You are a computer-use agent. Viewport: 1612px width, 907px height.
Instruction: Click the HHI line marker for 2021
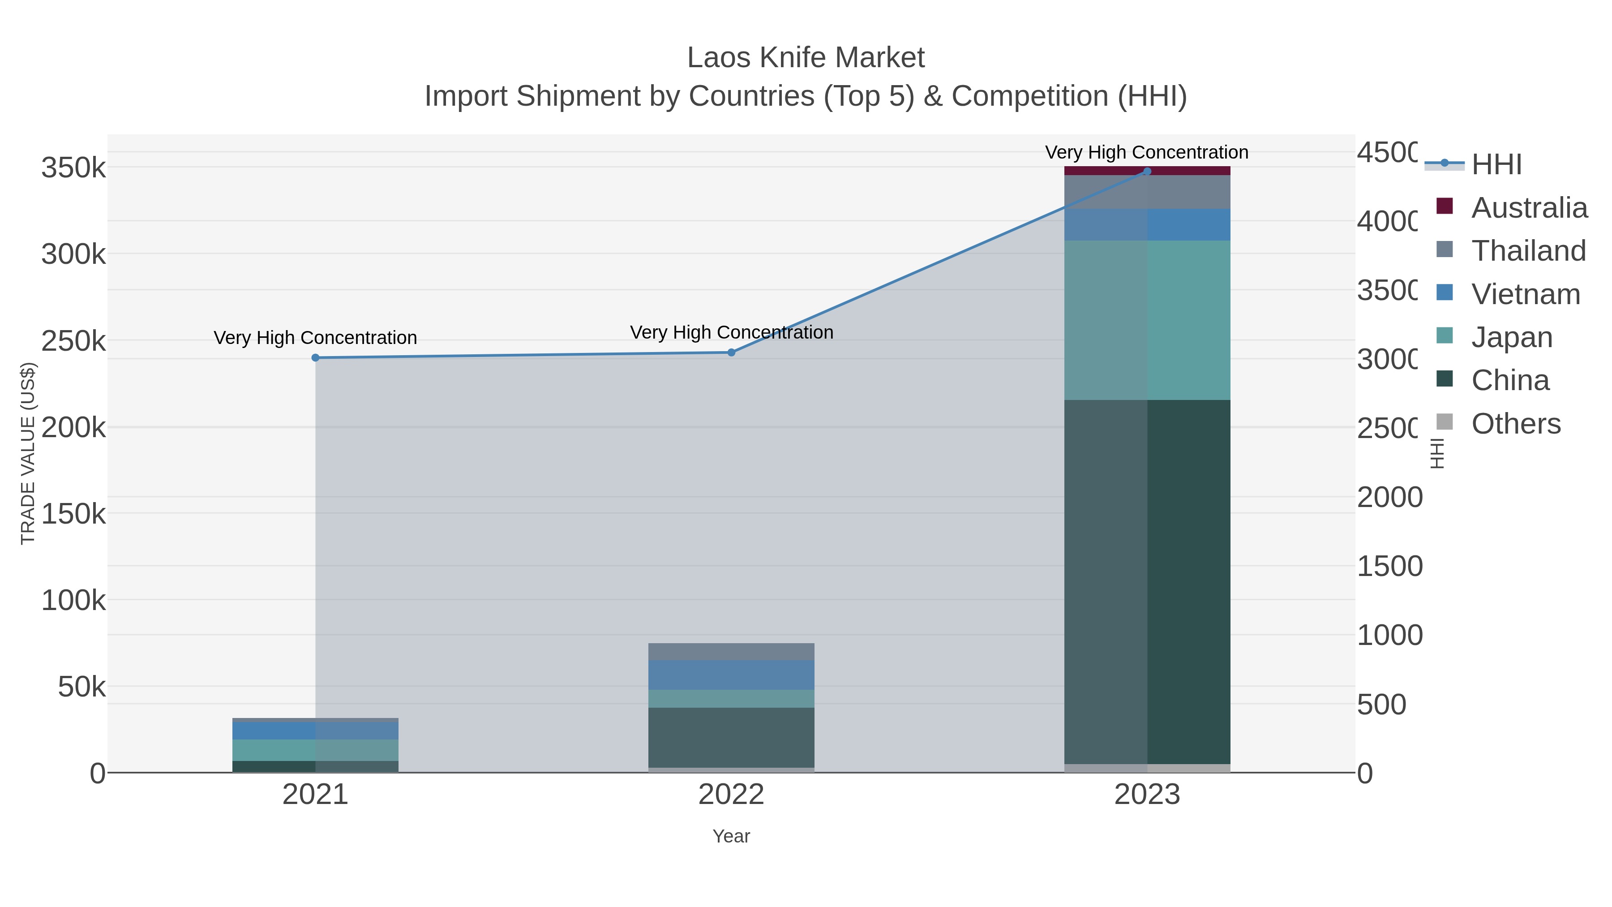coord(315,357)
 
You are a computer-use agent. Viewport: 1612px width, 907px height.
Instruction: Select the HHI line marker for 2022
coord(731,352)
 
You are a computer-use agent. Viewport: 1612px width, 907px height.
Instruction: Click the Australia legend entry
coord(1529,207)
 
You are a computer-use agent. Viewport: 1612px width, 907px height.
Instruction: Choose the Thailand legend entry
coord(1528,250)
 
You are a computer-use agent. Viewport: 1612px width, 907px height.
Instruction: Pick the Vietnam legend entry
coord(1526,293)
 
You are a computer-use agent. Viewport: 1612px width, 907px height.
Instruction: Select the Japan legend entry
coord(1512,337)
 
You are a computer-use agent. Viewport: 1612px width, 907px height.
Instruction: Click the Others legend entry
coord(1516,423)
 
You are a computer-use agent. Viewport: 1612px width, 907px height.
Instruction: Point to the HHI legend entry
coord(1496,164)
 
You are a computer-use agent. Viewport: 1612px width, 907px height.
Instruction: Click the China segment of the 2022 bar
coord(731,737)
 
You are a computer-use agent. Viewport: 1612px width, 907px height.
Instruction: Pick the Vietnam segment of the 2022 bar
coord(731,675)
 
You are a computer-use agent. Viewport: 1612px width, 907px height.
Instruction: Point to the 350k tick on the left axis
coord(73,168)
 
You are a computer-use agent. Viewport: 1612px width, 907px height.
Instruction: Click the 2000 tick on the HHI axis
coord(1389,497)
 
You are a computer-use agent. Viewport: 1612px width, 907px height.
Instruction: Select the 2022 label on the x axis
coord(731,794)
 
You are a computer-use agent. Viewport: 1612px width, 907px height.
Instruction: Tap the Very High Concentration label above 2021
coord(315,337)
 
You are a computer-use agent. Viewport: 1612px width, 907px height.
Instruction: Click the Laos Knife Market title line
coord(806,58)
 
